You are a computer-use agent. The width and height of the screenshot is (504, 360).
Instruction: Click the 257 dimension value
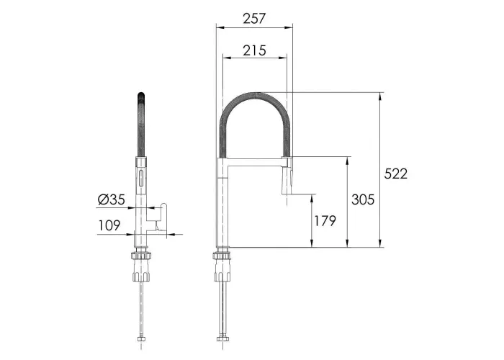click(254, 19)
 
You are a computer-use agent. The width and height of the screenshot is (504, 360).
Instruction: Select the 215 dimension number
click(254, 50)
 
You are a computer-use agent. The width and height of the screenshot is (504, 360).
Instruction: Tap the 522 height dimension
click(396, 174)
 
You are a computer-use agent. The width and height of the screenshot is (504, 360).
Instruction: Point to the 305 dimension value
click(363, 199)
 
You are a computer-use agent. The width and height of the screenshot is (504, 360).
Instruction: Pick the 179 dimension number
click(325, 221)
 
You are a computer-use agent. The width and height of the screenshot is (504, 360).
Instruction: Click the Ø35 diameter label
click(111, 199)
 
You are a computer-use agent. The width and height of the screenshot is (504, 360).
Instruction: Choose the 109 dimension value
click(109, 225)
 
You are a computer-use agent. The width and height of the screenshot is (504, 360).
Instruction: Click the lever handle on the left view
click(163, 217)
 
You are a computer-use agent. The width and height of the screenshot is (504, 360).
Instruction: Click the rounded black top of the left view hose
click(141, 96)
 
